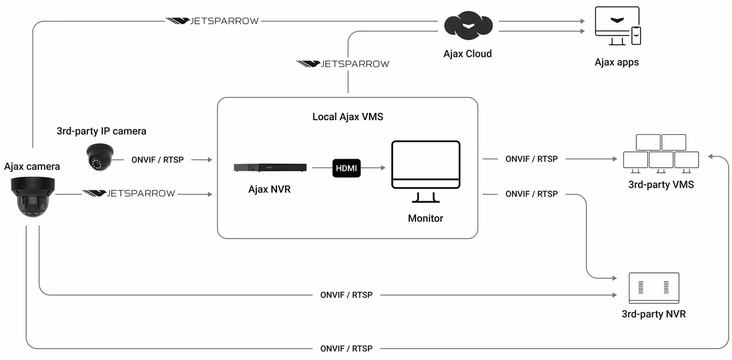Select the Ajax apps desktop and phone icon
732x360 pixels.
click(x=617, y=27)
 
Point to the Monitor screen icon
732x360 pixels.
click(x=426, y=171)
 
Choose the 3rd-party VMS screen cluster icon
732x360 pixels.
click(x=661, y=153)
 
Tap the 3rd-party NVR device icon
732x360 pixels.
click(x=654, y=288)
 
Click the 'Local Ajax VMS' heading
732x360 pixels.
click(x=348, y=117)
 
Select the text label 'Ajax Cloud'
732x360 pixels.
click(x=467, y=54)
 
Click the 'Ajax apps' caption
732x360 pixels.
click(x=617, y=62)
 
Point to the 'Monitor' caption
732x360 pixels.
click(x=426, y=218)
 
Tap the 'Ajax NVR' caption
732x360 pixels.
click(x=270, y=189)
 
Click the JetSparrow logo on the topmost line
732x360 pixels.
click(x=213, y=21)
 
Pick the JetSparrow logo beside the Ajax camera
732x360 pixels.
click(x=129, y=193)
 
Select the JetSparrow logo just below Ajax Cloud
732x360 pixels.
click(x=343, y=63)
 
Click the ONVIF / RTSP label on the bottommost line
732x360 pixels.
click(x=346, y=348)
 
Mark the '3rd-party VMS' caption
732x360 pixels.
click(x=661, y=184)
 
